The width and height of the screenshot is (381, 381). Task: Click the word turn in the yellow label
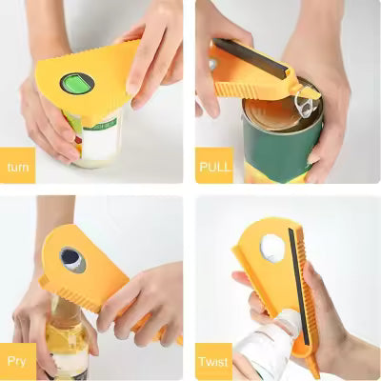click(x=18, y=168)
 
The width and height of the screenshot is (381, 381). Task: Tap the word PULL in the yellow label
click(x=214, y=168)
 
